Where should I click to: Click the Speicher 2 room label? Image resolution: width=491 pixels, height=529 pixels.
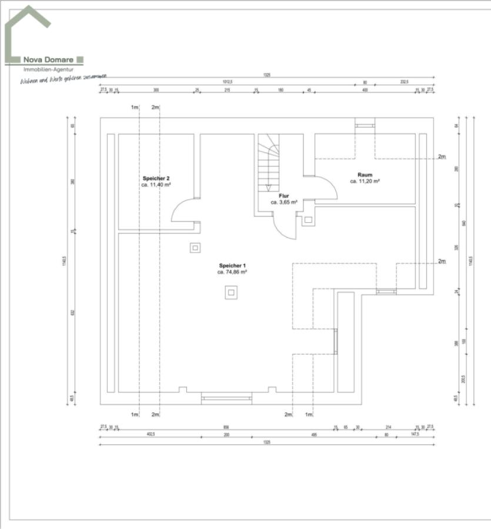click(x=156, y=178)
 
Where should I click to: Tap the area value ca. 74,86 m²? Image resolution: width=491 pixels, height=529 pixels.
click(x=232, y=272)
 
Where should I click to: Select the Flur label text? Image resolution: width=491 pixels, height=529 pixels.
click(x=284, y=195)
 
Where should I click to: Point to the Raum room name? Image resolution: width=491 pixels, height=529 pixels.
click(x=365, y=175)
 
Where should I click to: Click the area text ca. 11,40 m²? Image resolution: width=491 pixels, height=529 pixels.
click(x=156, y=185)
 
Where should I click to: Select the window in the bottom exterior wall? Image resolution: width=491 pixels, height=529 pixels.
click(x=226, y=398)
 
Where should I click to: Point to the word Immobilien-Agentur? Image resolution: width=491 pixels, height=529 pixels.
click(x=44, y=69)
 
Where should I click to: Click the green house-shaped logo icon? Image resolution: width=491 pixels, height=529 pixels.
click(x=26, y=32)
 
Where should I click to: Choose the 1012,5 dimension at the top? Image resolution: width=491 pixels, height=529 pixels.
click(x=228, y=82)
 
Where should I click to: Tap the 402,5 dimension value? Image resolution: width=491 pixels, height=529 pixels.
click(x=150, y=434)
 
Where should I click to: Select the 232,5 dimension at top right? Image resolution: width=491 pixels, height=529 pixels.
click(x=404, y=82)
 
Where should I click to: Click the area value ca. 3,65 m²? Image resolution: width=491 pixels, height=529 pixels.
click(x=284, y=202)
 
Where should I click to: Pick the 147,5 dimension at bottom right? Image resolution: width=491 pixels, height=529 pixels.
click(x=415, y=434)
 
